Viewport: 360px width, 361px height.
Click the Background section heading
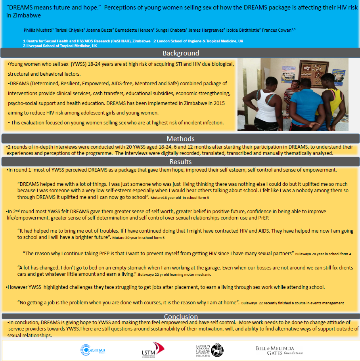click(x=180, y=53)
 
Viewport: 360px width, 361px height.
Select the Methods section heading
click(x=180, y=139)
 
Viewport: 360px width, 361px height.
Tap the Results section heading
click(x=180, y=162)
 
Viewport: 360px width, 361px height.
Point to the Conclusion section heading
click(x=180, y=316)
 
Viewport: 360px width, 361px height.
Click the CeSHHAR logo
click(x=94, y=350)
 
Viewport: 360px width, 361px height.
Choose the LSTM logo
click(x=153, y=350)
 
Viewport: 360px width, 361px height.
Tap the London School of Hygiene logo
click(x=210, y=350)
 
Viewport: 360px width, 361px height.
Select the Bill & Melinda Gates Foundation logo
click(x=280, y=350)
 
